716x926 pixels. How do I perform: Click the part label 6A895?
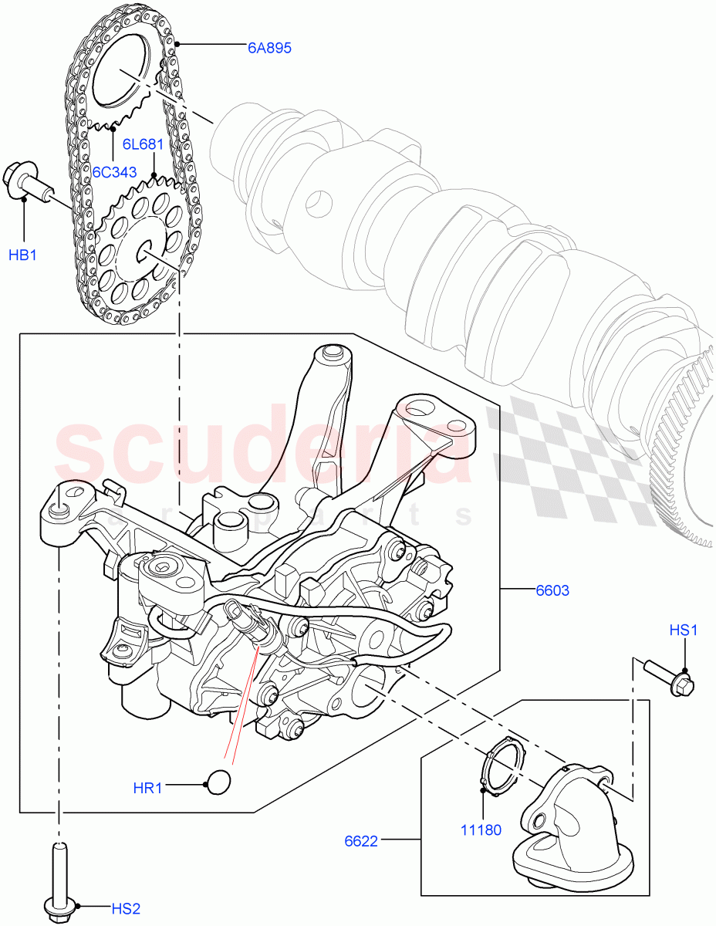pyautogui.click(x=269, y=48)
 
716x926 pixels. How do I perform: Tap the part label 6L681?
pyautogui.click(x=143, y=144)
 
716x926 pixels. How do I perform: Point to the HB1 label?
pyautogui.click(x=23, y=254)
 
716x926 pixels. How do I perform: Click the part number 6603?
pyautogui.click(x=552, y=591)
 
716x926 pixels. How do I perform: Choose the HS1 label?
pyautogui.click(x=683, y=630)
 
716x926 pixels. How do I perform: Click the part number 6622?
pyautogui.click(x=361, y=840)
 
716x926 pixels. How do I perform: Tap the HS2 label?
pyautogui.click(x=122, y=908)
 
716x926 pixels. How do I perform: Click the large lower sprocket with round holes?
pyautogui.click(x=140, y=246)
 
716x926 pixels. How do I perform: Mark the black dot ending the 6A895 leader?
pyautogui.click(x=177, y=45)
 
